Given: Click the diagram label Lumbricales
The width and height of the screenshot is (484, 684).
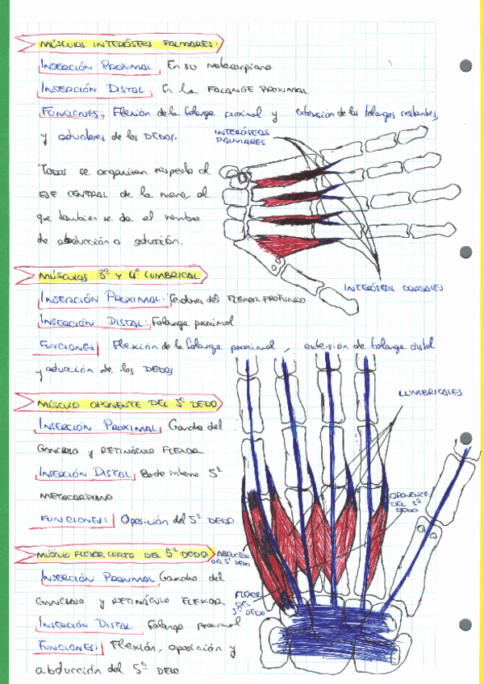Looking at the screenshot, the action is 429,393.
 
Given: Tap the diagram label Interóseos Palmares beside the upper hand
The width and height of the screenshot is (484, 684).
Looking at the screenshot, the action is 241,136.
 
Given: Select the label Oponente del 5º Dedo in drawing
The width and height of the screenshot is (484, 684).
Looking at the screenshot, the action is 403,500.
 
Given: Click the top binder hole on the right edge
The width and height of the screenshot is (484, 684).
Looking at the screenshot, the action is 465,66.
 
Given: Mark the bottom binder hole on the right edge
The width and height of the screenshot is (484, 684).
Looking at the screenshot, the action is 465,624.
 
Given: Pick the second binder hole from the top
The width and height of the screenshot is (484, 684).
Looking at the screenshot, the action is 465,252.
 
